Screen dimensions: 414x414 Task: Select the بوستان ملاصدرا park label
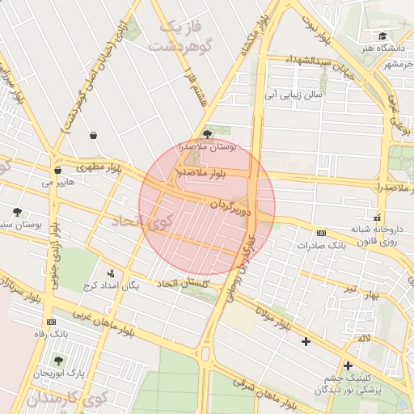coord(211,147)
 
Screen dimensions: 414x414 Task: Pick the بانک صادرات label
coord(329,244)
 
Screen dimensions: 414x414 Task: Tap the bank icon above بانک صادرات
coord(321,233)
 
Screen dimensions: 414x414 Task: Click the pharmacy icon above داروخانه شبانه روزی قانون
coord(377,217)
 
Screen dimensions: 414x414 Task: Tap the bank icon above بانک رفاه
coord(51,322)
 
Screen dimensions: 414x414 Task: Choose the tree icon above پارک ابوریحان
coord(57,361)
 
